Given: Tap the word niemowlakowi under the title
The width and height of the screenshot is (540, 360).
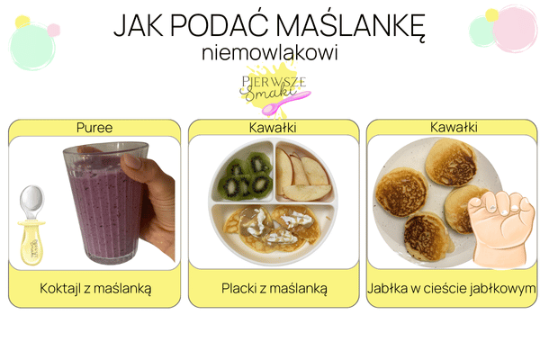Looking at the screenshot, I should (x=271, y=53).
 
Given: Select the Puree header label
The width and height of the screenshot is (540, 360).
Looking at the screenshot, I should (x=94, y=128).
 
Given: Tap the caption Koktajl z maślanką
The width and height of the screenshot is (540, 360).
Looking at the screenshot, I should (x=95, y=289).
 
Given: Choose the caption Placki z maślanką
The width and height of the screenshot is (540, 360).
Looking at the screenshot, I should (x=274, y=289).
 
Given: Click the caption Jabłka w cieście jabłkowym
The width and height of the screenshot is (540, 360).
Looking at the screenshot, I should (x=452, y=289).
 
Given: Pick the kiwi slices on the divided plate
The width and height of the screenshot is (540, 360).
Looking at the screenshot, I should (x=245, y=175).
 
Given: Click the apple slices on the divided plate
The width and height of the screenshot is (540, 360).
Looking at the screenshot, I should (x=302, y=174).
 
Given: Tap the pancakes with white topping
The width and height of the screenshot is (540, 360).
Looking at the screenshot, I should (x=272, y=225).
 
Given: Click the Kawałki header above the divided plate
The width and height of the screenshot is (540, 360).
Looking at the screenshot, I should (x=274, y=128).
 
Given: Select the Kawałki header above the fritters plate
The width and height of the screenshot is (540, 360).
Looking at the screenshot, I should (x=452, y=128).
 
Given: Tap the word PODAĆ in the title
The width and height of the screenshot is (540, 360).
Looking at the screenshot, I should (x=216, y=25).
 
